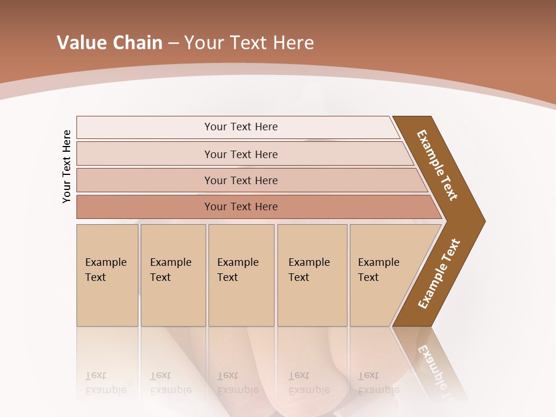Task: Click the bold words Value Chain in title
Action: coord(109,43)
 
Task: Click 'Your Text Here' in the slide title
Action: coord(249,43)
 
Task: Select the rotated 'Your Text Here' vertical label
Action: coord(67,166)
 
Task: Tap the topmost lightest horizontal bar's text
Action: coord(241,127)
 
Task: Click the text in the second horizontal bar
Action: coord(241,155)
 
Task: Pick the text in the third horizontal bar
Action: coord(241,181)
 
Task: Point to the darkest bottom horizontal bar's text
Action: coord(241,207)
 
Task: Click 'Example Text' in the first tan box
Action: coord(105,270)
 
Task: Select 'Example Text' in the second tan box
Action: coord(170,270)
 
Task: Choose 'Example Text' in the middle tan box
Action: coord(237,270)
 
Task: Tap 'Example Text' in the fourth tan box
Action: coord(309,270)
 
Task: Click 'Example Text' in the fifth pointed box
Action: coord(378,270)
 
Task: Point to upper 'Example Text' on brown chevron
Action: coord(437,165)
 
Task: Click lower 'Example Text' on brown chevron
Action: coord(438,274)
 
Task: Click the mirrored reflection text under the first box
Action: coord(105,383)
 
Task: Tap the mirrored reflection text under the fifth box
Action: coord(378,383)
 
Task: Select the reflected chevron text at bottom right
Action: coord(436,371)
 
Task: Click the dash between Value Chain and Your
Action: coord(173,43)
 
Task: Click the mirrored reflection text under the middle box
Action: coord(237,383)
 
